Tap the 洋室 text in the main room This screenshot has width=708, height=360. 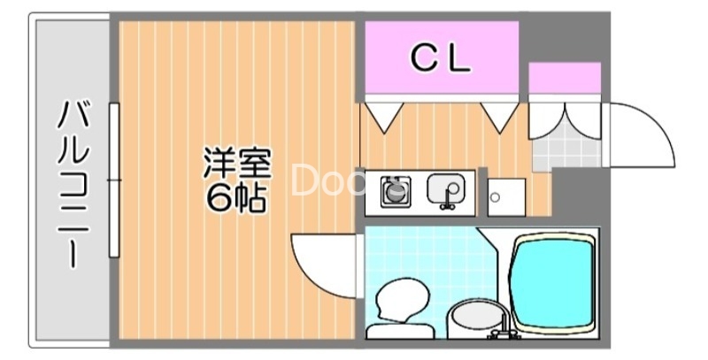click(x=236, y=165)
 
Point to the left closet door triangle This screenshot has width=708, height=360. click(x=385, y=116)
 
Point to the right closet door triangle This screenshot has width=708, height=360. click(x=500, y=116)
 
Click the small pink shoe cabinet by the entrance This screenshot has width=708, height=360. click(x=565, y=78)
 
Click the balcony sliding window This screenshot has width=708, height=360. click(x=113, y=180)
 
